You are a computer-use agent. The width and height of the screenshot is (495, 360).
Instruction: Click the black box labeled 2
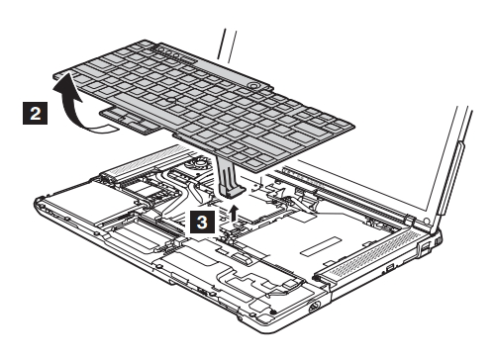(35, 113)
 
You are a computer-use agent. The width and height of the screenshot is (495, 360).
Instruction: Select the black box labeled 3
(202, 222)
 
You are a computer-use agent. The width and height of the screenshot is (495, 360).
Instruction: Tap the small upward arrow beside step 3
(234, 213)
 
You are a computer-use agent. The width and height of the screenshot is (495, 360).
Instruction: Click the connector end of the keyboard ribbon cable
(232, 191)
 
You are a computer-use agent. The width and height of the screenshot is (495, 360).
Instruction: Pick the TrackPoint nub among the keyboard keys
(169, 98)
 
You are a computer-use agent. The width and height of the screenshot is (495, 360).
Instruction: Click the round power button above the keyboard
(254, 85)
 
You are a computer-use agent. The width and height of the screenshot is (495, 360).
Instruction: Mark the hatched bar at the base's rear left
(145, 161)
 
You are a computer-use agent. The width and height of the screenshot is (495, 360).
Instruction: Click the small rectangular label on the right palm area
(321, 246)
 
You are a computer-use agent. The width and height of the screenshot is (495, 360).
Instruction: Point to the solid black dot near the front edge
(272, 312)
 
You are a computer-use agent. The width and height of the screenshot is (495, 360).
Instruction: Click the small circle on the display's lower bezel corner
(426, 221)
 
